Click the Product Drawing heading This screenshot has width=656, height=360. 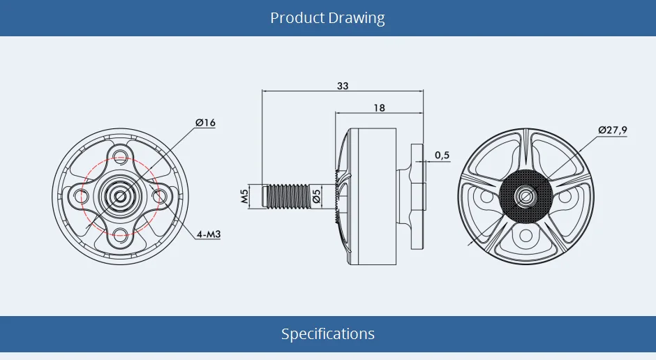click(327, 18)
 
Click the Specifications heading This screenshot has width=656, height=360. click(328, 333)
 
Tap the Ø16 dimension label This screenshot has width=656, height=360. click(205, 123)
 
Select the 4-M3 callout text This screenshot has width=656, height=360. click(209, 234)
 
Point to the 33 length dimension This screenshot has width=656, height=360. click(343, 86)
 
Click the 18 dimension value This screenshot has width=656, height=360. click(379, 108)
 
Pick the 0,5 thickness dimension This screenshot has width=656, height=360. click(442, 155)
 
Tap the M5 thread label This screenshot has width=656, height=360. click(244, 196)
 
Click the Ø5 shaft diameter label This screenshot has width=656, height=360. click(317, 196)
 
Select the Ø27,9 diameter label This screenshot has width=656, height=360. click(613, 130)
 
